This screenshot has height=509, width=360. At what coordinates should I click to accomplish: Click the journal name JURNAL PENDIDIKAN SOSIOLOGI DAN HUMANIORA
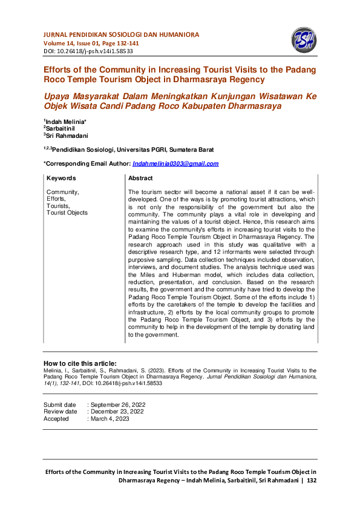(x=121, y=35)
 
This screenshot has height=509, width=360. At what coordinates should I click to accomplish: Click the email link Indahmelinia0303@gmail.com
(x=175, y=164)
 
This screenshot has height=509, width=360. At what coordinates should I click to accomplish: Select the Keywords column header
(x=61, y=178)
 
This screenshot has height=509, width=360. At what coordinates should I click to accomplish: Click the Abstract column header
(x=140, y=178)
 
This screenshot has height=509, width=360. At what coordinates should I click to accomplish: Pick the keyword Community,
(x=62, y=192)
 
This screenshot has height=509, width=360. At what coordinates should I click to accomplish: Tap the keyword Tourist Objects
(x=67, y=213)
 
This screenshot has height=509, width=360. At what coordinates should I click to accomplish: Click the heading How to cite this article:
(x=80, y=363)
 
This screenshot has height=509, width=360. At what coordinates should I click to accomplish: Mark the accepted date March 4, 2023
(x=110, y=419)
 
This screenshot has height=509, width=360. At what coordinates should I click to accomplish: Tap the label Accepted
(x=56, y=419)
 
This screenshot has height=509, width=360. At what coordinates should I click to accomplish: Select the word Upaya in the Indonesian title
(x=57, y=96)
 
